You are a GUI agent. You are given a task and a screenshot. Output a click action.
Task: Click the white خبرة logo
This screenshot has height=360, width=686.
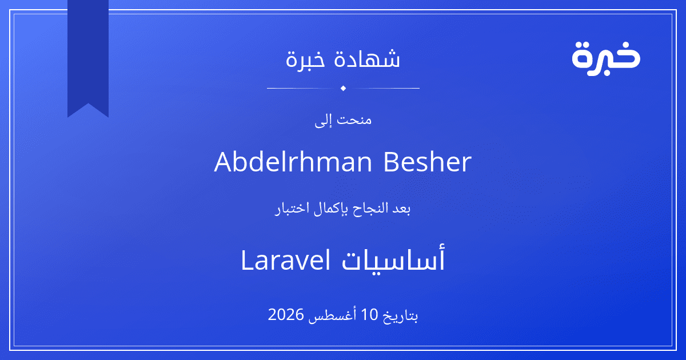pos(606,58)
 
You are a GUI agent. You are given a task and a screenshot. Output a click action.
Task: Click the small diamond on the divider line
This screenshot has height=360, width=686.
pos(343,88)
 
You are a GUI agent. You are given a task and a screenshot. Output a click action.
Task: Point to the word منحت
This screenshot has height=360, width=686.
pos(354,119)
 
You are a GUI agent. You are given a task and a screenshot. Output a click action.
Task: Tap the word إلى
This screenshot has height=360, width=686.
pos(323,121)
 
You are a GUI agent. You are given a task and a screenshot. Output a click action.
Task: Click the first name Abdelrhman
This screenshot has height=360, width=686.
pos(293,162)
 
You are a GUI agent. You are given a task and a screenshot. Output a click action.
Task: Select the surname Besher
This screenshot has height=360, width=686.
pos(428,162)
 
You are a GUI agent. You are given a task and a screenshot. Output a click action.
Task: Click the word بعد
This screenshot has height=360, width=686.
pos(402,209)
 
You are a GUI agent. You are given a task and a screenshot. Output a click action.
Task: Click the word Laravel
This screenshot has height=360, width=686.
pos(286,260)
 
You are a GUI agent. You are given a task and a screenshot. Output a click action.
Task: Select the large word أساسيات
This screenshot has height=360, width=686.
pos(393,259)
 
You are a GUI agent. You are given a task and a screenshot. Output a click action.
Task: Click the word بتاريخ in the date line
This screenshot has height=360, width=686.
pos(400,315)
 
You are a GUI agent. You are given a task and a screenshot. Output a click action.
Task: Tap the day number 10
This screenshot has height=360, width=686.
pos(370,315)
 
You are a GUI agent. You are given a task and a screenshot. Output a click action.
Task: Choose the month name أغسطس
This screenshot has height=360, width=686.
pos(332,315)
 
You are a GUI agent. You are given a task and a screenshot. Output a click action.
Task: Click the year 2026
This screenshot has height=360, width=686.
pos(286,315)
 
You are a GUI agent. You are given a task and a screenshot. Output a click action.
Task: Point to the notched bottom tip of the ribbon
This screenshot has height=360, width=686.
pos(88,104)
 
